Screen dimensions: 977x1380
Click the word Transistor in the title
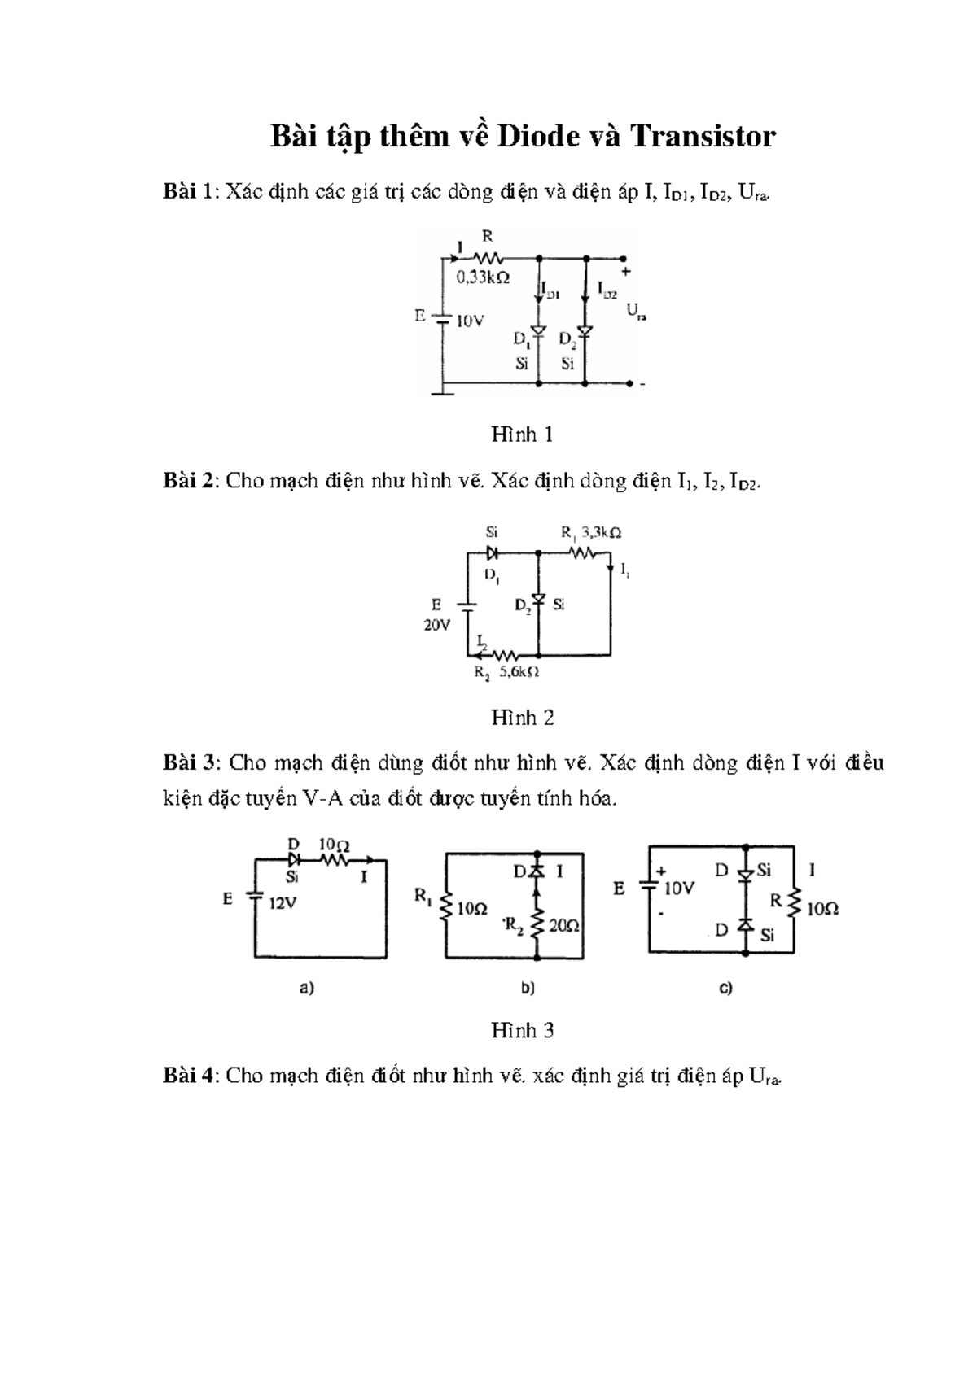702,137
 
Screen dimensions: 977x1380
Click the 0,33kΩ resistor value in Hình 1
483,277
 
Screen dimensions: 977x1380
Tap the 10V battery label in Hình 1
471,321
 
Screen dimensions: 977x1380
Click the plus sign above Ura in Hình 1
625,273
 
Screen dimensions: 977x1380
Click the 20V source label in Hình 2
436,626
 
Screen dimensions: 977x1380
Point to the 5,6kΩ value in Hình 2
520,673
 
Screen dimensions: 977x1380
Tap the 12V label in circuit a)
283,903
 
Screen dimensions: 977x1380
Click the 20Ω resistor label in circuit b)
563,925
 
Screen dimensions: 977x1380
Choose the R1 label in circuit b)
423,897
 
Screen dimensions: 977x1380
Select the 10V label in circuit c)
678,889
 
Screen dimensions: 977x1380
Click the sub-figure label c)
725,989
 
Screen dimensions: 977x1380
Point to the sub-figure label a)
307,989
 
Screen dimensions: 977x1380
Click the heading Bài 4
189,1076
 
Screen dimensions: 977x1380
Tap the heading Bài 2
189,481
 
